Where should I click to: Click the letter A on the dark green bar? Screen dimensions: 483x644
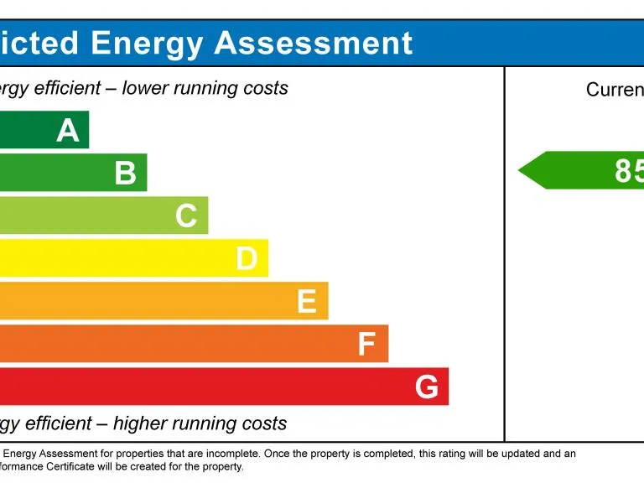[68, 131]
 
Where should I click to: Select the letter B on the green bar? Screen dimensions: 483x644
[126, 174]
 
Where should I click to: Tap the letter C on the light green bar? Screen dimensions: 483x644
[186, 216]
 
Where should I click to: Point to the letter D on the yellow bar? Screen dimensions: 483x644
[247, 259]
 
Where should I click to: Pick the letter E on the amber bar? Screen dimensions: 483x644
[307, 302]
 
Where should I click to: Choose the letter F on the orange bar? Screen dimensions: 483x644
[366, 345]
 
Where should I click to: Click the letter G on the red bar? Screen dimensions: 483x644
[427, 387]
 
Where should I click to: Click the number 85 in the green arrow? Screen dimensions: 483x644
[629, 171]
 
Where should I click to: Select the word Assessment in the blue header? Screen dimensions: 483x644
[314, 43]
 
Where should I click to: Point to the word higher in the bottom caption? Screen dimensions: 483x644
[143, 423]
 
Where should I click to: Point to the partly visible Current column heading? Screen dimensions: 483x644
[615, 90]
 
